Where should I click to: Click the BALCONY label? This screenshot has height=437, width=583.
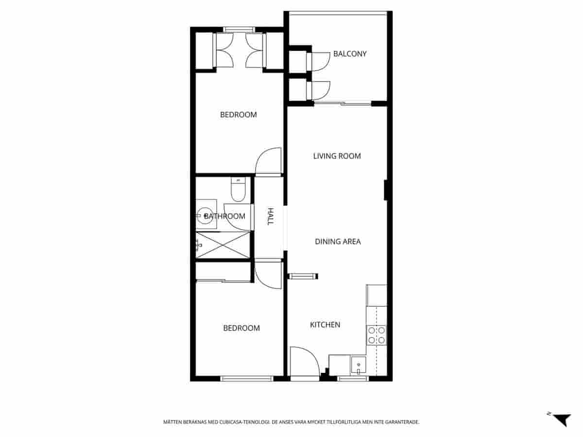[349, 54]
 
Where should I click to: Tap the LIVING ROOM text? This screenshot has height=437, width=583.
[337, 156]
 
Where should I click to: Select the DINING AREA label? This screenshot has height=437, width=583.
[338, 241]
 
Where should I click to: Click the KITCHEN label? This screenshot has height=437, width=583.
[325, 324]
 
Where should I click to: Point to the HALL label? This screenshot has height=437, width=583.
[271, 216]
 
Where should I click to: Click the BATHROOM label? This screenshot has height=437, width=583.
[224, 216]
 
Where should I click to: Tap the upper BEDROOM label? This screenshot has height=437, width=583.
[238, 115]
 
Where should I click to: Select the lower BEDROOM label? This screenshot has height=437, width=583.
[241, 328]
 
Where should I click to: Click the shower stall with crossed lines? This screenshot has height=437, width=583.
[223, 245]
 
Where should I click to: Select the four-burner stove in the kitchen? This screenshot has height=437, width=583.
[377, 335]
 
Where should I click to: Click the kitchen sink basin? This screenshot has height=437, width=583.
[359, 364]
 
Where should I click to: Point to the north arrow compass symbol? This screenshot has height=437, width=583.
[562, 419]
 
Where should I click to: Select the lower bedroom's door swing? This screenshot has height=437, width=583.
[268, 275]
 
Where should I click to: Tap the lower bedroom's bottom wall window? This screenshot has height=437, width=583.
[246, 379]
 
